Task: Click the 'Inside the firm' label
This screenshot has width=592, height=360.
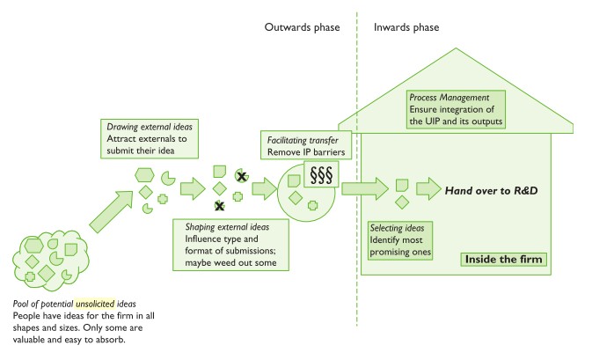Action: click(504, 259)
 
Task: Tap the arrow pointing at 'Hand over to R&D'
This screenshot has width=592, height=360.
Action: click(428, 188)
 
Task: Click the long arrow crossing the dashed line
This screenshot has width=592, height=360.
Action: click(364, 187)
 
